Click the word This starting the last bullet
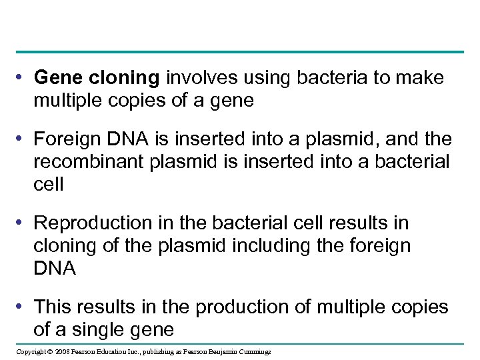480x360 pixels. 52,307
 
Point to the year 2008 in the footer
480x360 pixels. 62,352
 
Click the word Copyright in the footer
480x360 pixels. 31,352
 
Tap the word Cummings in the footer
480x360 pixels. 253,352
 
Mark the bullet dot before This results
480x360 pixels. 22,307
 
